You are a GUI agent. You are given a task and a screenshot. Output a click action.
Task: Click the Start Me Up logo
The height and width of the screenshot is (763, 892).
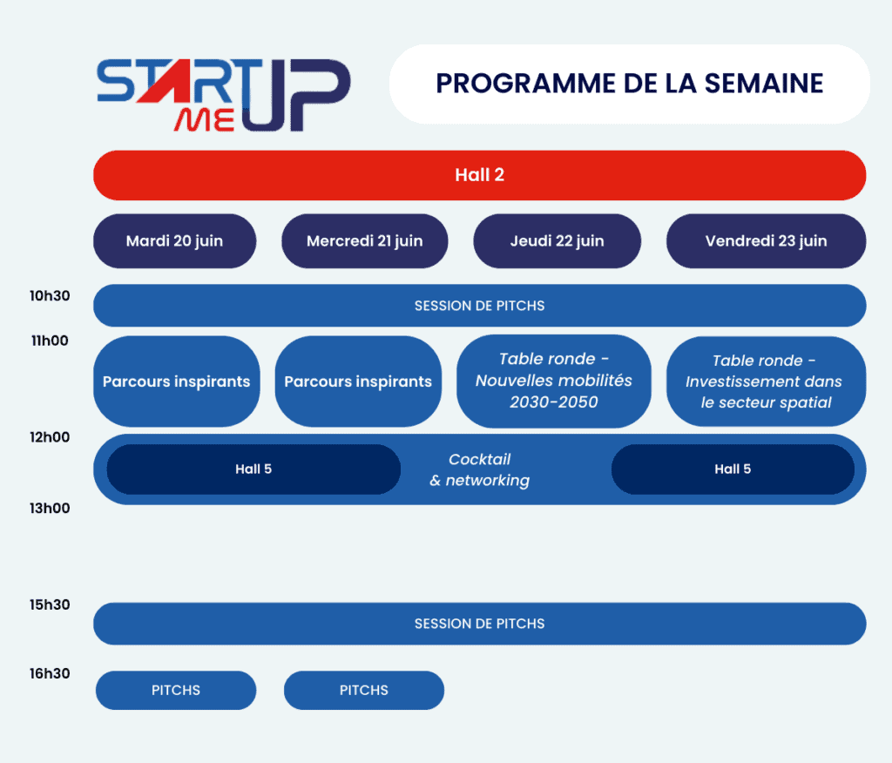(x=223, y=94)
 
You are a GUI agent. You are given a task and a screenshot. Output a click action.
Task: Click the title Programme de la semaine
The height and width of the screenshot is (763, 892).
(x=629, y=84)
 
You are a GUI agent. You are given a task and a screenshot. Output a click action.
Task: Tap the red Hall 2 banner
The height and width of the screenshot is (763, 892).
(x=479, y=175)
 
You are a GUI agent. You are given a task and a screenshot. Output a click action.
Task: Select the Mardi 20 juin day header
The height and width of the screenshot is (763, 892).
(x=174, y=241)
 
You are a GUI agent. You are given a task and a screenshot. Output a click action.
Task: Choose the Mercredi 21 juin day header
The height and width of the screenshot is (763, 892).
(x=364, y=241)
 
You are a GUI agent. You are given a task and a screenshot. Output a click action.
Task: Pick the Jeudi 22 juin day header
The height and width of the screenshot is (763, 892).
(x=557, y=241)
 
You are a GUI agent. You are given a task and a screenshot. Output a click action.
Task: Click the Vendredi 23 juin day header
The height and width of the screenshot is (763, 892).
(x=766, y=241)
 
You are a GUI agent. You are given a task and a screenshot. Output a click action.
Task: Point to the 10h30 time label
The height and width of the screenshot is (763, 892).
(x=50, y=296)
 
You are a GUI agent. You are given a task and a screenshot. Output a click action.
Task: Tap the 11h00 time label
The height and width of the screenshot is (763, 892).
(x=50, y=341)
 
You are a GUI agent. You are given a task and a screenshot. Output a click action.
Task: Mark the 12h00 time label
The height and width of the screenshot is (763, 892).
(x=50, y=437)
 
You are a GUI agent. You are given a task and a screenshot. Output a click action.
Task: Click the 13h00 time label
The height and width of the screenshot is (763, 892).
(x=50, y=509)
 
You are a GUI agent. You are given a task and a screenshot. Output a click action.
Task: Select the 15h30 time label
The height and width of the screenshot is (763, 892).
(x=50, y=605)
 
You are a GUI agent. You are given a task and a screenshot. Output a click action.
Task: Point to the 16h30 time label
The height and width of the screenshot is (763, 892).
(x=50, y=673)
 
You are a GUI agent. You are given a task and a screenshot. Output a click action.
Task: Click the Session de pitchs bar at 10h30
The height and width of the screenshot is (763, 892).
(x=479, y=306)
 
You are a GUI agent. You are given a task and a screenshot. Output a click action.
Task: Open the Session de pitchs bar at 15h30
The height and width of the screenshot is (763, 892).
(x=479, y=624)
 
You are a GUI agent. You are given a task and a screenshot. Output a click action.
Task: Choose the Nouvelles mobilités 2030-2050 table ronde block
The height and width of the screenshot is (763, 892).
(x=553, y=381)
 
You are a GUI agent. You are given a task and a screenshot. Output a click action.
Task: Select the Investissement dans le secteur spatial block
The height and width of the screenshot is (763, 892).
(x=766, y=381)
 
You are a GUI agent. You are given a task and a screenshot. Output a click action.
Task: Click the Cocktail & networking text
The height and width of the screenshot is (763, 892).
(x=480, y=469)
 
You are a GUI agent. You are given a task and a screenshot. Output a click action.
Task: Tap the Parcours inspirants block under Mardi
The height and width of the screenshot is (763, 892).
(x=176, y=381)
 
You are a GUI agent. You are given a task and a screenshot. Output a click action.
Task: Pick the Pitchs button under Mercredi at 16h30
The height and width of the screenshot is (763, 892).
(x=363, y=690)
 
